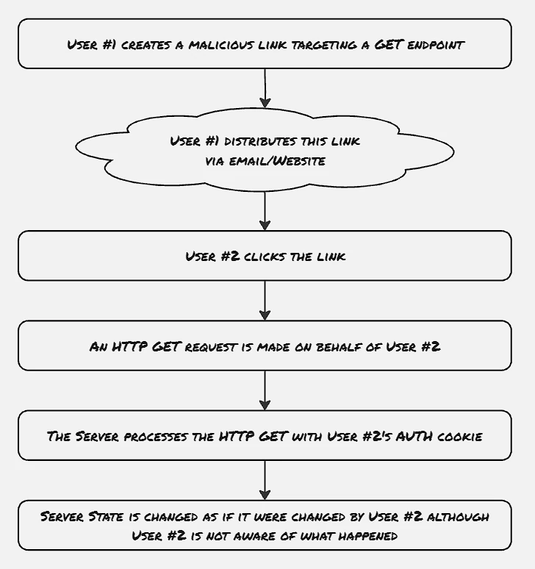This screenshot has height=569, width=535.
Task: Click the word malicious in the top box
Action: (x=221, y=45)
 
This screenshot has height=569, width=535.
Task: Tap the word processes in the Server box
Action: (x=156, y=437)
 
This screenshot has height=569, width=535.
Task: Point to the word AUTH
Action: (x=414, y=436)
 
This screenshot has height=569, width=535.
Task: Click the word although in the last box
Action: (x=458, y=516)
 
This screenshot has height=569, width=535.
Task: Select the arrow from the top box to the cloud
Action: (x=265, y=88)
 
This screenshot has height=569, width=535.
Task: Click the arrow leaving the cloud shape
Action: (x=265, y=211)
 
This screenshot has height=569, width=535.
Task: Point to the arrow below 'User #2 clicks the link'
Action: (x=265, y=301)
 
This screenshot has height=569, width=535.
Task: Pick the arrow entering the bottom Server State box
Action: (x=265, y=480)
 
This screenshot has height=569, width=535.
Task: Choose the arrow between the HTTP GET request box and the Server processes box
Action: (x=265, y=390)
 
